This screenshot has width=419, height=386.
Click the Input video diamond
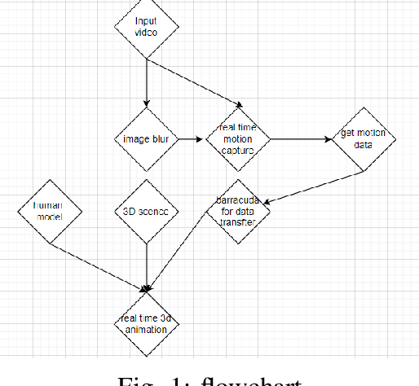pos(146,27)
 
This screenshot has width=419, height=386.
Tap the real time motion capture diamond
pos(239,138)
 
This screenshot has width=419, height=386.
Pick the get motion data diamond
pos(364,138)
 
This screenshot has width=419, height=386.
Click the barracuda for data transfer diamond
pos(239,211)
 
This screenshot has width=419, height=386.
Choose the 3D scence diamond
pos(146,211)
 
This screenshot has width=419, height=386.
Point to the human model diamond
pos(48,211)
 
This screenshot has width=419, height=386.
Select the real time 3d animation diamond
pos(146,323)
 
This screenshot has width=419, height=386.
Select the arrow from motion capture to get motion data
pos(300,138)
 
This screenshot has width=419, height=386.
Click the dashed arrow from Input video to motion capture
pos(196,83)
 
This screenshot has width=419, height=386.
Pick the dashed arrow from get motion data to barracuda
pos(318,186)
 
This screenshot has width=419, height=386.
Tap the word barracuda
pos(239,200)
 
